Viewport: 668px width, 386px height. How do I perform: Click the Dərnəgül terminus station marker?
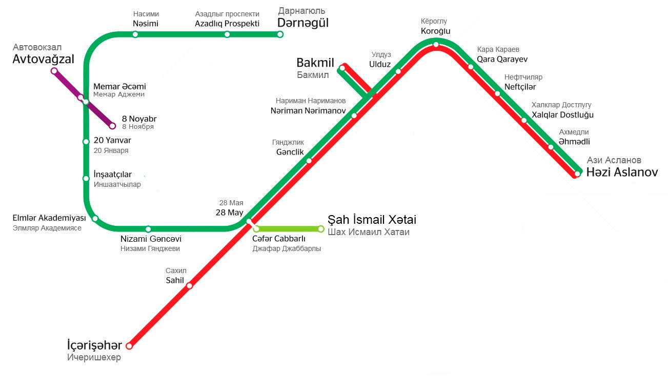[280, 34]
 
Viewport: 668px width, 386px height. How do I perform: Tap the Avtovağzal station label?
[43, 60]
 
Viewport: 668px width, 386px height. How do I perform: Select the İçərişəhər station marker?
[129, 346]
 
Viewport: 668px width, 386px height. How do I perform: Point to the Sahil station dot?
[189, 286]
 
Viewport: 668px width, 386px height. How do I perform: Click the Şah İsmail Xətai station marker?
[321, 229]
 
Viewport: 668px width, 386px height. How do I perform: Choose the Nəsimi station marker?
[135, 34]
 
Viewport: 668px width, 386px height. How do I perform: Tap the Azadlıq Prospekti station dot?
[227, 34]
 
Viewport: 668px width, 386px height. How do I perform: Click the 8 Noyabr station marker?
[113, 126]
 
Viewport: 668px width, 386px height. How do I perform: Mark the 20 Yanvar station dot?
[86, 142]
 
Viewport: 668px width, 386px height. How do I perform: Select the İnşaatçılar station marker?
[86, 179]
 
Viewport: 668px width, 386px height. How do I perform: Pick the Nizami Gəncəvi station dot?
[148, 229]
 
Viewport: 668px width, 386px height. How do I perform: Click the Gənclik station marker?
[309, 161]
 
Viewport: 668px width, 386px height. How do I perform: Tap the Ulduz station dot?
[398, 71]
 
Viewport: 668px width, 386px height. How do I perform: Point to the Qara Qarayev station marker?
[471, 67]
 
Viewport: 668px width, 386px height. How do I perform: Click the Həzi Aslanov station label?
[622, 173]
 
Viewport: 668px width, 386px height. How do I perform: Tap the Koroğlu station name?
[435, 31]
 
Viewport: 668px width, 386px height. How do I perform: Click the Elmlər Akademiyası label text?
[49, 218]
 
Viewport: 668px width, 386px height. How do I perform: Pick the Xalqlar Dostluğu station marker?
[524, 121]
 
